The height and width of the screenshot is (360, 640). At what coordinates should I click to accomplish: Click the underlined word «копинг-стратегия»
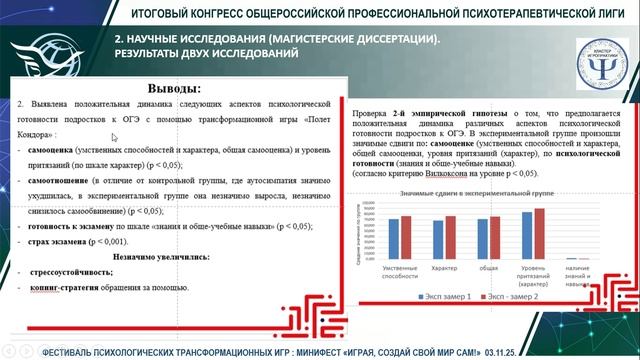[x=72, y=286]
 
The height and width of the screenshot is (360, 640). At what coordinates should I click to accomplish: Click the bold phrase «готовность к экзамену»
[x=76, y=227]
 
